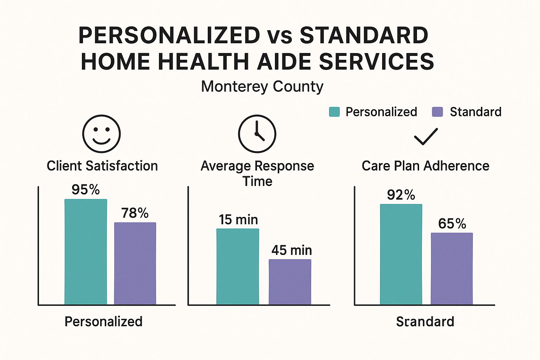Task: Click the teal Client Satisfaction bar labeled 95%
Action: [86, 252]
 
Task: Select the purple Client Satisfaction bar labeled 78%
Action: [135, 263]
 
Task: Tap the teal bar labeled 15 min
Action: [238, 266]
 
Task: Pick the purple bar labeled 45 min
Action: [290, 282]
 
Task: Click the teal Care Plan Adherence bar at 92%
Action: [401, 254]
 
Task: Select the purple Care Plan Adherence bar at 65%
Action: [452, 269]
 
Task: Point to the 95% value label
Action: [86, 190]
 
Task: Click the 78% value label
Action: [135, 213]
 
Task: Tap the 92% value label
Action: [401, 195]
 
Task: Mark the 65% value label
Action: [452, 224]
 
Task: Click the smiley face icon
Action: [102, 134]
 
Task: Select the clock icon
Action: [257, 134]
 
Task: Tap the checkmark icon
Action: [426, 136]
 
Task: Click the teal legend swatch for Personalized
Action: [334, 112]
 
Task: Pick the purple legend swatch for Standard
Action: [437, 112]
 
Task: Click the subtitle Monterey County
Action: [262, 86]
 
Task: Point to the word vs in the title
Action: [279, 36]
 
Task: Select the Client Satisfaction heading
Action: [102, 166]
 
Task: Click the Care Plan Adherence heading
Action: [425, 166]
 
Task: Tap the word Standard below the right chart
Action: [425, 322]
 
